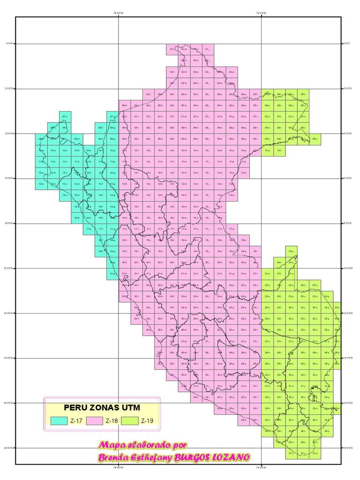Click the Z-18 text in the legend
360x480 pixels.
point(112,421)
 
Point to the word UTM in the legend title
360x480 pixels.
point(128,407)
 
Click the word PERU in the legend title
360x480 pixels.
point(75,407)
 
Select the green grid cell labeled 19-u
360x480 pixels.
point(291,252)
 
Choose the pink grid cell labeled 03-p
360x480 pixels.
point(232,72)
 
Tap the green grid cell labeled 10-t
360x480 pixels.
point(279,150)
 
